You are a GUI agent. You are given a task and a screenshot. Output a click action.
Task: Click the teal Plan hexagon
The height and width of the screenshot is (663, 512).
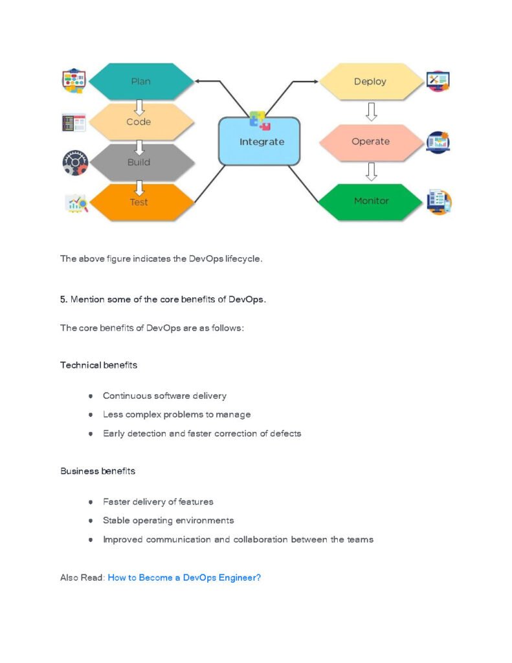coord(140,82)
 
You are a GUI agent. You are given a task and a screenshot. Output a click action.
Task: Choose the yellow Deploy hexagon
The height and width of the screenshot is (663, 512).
coord(370,82)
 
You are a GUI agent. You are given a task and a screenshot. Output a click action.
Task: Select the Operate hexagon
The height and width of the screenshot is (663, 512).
coord(370,141)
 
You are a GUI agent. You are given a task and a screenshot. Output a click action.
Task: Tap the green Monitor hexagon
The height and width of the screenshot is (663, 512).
coord(371,201)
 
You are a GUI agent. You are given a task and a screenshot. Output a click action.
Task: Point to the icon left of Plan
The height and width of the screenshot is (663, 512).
coord(73,82)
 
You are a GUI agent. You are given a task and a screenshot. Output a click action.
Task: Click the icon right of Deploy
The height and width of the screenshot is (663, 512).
coord(438,81)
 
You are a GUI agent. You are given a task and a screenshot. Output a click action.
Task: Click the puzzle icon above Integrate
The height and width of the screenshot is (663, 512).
coord(260,120)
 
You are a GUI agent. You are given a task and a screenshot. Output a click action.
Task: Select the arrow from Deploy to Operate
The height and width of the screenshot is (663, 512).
coord(371,111)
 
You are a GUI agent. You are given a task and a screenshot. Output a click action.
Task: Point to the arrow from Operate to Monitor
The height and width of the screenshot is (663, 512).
coord(371,172)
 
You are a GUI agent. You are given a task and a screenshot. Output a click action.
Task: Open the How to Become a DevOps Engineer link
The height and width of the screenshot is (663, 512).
coord(184,578)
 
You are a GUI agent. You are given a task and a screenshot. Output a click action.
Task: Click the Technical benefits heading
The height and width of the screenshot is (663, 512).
coord(98,365)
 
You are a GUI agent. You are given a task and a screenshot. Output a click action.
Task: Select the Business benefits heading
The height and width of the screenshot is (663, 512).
coord(98,471)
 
